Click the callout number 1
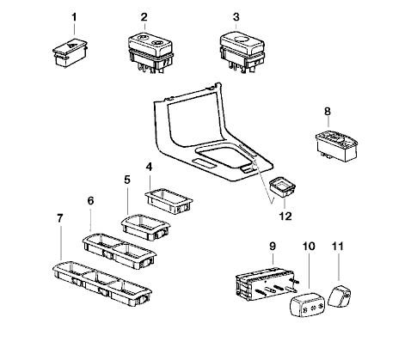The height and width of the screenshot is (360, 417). pyautogui.click(x=73, y=17)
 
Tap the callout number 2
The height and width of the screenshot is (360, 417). pyautogui.click(x=144, y=17)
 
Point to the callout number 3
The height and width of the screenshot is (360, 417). pyautogui.click(x=236, y=17)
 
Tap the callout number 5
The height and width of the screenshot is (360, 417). pyautogui.click(x=126, y=180)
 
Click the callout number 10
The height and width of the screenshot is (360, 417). pyautogui.click(x=309, y=247)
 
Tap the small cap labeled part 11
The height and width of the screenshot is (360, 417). pyautogui.click(x=341, y=297)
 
